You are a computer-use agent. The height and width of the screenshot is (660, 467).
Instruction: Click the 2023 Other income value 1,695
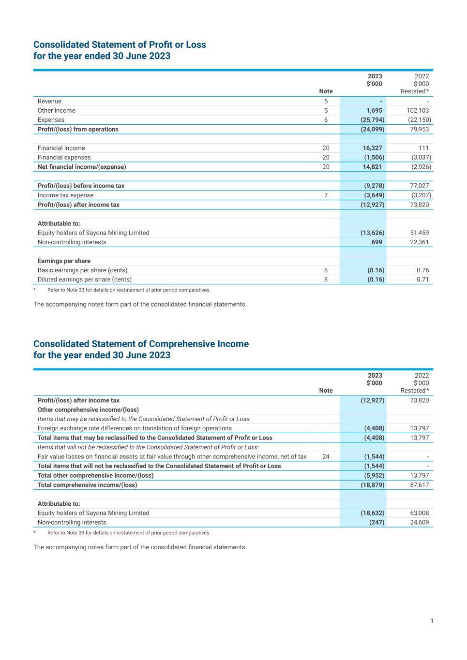coord(374,111)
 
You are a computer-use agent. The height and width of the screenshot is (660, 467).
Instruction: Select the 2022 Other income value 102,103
coord(418,111)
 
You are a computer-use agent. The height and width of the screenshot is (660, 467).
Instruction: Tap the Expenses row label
coord(51,120)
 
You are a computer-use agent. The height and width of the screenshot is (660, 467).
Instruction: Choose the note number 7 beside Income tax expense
coord(326,195)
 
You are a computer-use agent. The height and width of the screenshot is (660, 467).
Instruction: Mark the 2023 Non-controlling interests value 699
coord(377,242)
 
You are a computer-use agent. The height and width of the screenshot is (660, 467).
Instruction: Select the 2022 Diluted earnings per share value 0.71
coord(422,279)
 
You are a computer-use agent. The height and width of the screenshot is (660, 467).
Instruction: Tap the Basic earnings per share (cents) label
coord(82,270)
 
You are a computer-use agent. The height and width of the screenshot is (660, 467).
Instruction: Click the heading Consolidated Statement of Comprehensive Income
coord(141,344)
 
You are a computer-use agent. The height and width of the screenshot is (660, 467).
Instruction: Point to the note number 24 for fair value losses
coord(326,456)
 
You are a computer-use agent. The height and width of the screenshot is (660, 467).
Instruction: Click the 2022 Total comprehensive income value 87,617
coord(419,485)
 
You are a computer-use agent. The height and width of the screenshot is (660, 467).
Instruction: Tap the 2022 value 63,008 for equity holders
coord(419,513)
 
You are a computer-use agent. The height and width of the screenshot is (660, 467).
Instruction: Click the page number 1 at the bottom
coord(432,621)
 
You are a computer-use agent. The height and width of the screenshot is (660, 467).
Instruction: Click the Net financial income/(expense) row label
coord(82,167)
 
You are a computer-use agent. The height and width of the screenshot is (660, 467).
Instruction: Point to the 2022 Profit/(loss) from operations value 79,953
coord(419,129)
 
